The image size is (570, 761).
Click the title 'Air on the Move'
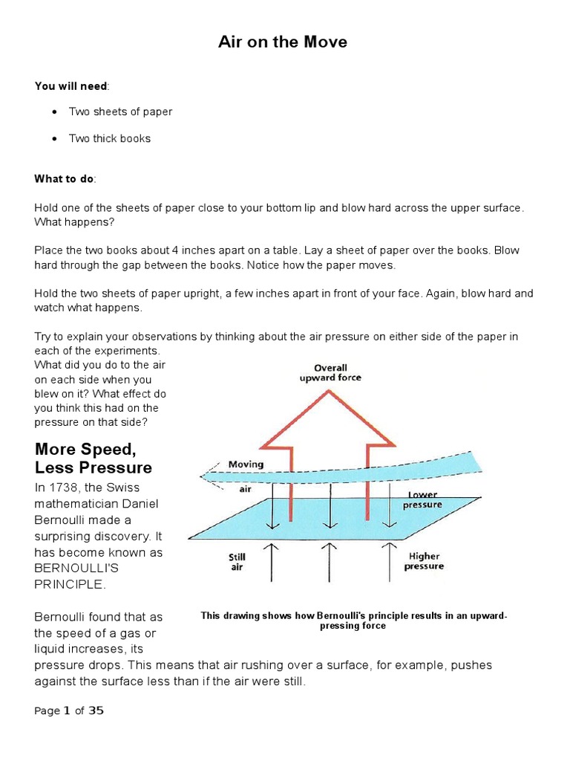coord(282,42)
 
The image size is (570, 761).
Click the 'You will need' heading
coord(71,86)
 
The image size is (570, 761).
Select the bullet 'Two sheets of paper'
coord(120,111)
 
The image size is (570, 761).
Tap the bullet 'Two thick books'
coord(109,138)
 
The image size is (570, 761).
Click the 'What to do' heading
coord(65,179)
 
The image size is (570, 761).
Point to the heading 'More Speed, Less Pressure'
coord(94,459)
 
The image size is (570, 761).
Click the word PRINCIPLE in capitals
coord(71,585)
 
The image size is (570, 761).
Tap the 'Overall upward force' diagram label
coord(330,372)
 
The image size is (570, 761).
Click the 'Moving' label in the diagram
coord(246,464)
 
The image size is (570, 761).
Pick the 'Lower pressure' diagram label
coord(422,499)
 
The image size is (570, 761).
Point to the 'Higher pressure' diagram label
coord(424,560)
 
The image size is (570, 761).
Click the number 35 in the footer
coord(96,710)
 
